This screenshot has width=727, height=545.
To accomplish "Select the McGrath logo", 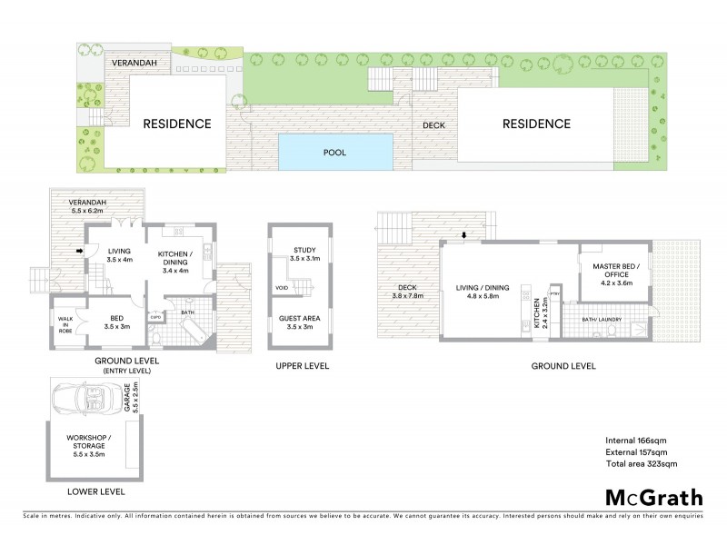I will [653, 497].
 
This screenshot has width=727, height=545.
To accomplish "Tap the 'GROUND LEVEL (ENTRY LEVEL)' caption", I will [127, 365].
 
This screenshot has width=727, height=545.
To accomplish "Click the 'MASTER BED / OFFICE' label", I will [616, 272].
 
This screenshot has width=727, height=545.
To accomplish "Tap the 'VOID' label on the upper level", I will [281, 290].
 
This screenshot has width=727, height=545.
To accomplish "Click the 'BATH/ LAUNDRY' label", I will [602, 318].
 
